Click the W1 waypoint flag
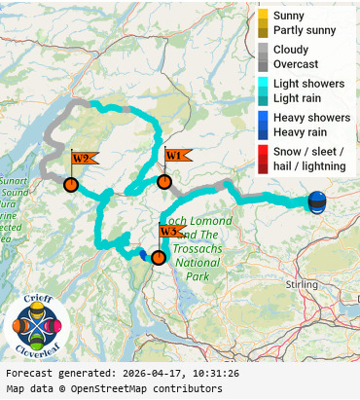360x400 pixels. point(176,156)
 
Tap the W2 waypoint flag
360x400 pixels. point(82,159)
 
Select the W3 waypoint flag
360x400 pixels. point(170,232)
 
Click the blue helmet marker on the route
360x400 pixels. point(317,201)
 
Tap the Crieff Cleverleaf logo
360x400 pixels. point(36,326)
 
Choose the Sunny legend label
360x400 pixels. point(288,17)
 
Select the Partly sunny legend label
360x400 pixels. point(305,30)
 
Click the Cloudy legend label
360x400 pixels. point(291,50)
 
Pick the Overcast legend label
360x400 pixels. point(295,63)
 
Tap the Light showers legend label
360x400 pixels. point(308,84)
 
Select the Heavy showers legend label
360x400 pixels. point(311,118)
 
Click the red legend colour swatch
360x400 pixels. point(263,159)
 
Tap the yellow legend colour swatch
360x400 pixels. point(263,23)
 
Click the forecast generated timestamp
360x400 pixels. point(123,374)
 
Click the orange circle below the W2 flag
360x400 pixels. point(71,184)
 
